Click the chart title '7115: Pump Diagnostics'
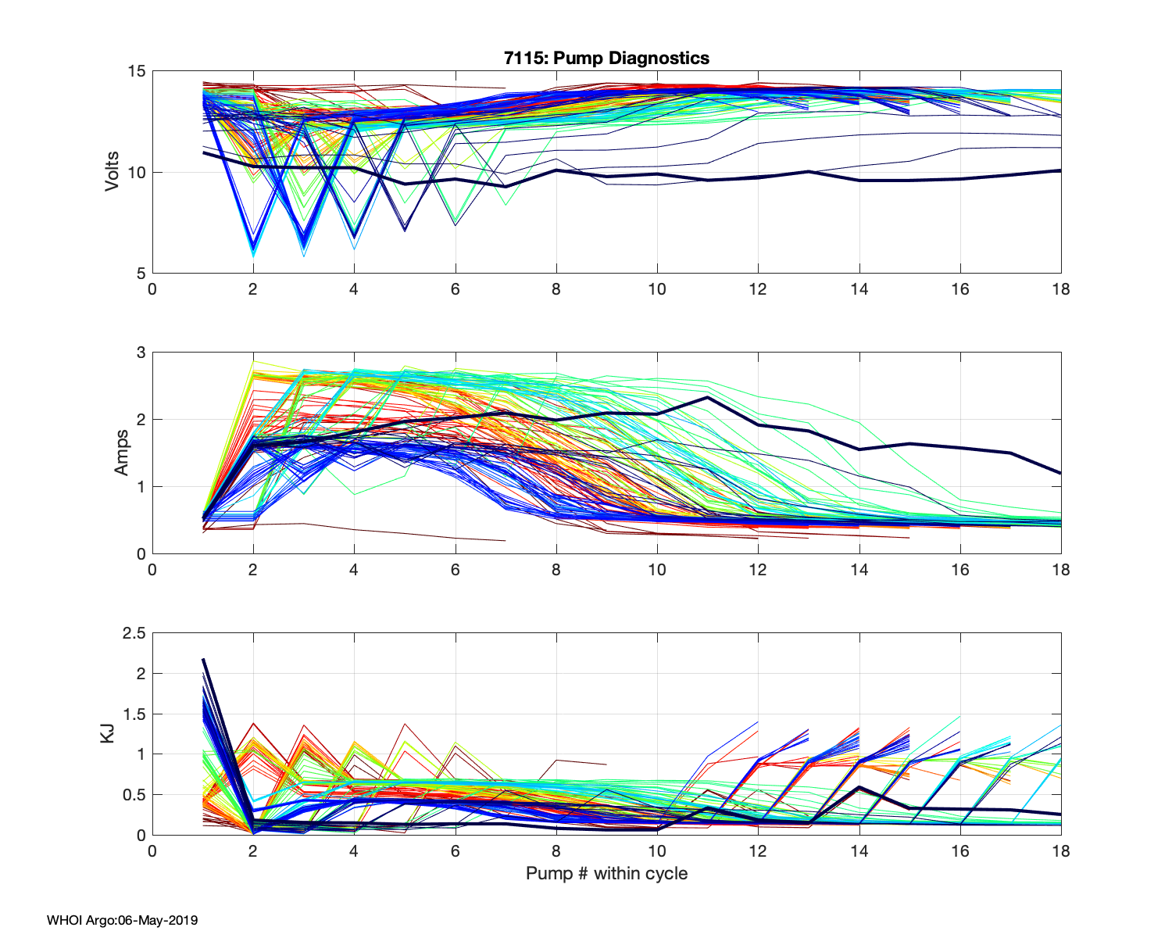tap(606, 58)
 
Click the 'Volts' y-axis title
tap(113, 172)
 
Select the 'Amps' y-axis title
tap(122, 453)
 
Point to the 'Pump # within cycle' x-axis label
tap(606, 873)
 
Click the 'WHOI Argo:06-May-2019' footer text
tap(122, 920)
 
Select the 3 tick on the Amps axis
tap(141, 353)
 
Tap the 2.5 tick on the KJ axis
tap(134, 633)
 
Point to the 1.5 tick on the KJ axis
tap(134, 714)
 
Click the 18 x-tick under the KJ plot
tap(1060, 851)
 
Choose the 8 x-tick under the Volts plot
tap(556, 289)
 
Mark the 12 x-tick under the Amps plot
tap(758, 570)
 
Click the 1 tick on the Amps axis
tap(141, 487)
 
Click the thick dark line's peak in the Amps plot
tap(707, 397)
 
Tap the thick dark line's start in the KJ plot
tap(203, 659)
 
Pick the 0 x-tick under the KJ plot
tap(152, 851)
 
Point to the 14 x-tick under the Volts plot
tap(859, 289)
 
